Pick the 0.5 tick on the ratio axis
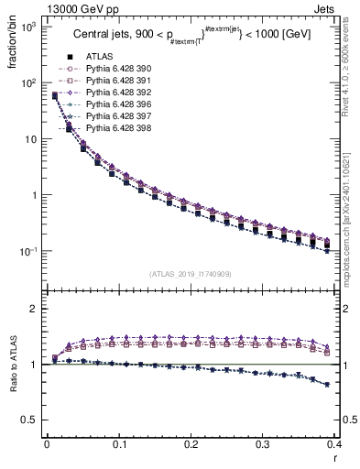pos(29,420)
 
